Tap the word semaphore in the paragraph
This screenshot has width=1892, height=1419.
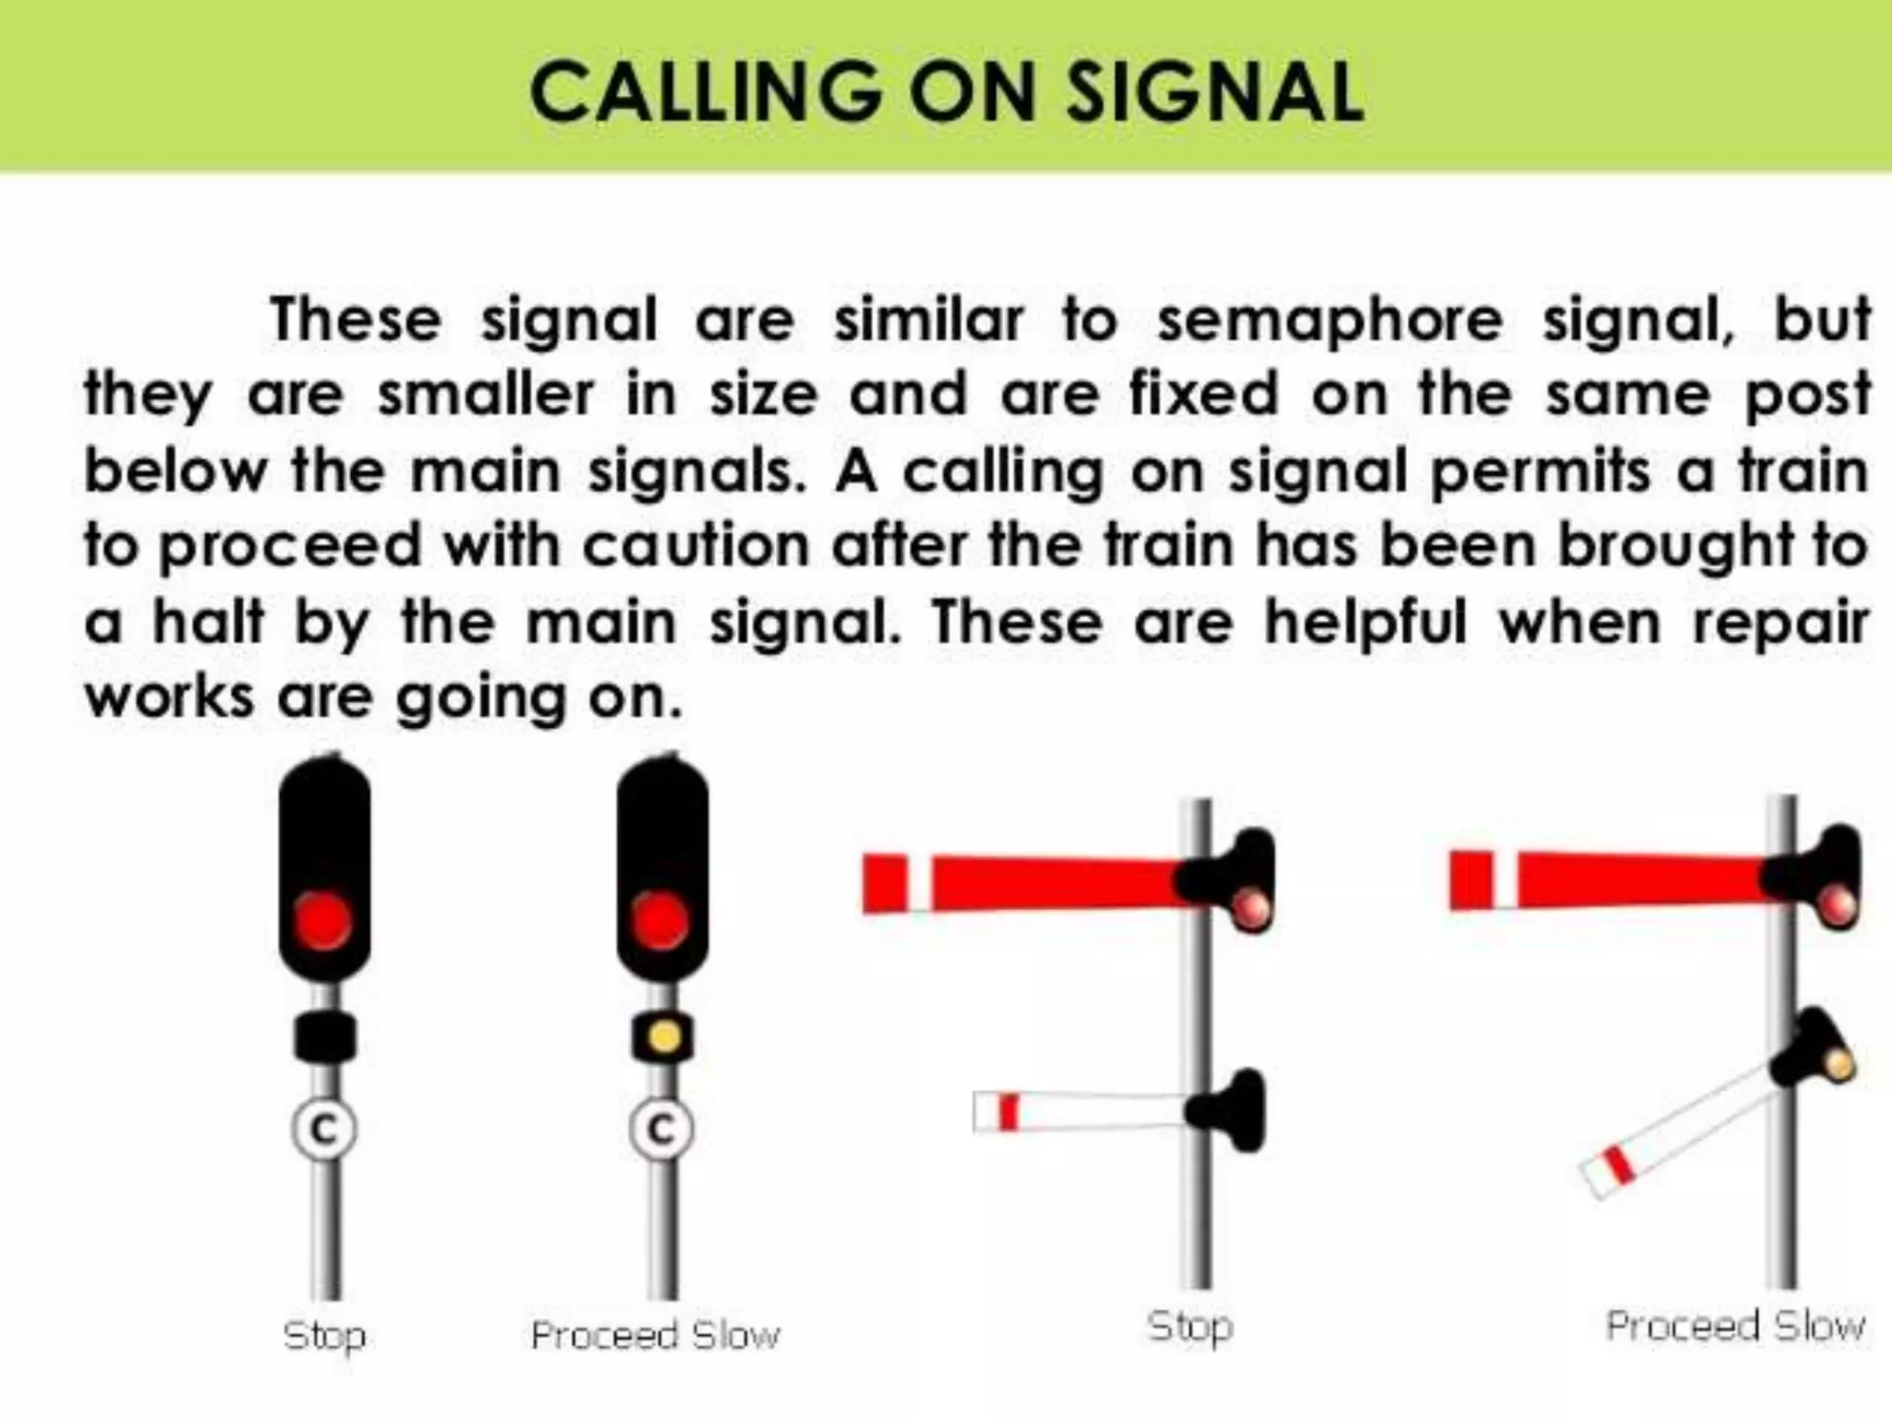pos(1330,321)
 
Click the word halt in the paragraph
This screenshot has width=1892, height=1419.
pos(208,622)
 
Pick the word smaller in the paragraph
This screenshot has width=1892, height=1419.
pos(485,395)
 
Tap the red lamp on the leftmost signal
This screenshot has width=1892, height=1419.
pos(323,921)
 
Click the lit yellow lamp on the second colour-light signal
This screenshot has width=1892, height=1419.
pos(663,1036)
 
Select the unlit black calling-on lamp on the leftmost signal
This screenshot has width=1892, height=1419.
pos(325,1037)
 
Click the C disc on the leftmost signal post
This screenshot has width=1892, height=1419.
pos(323,1128)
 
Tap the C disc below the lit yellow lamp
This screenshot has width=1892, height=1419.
pos(661,1128)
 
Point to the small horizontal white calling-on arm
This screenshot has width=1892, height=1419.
pos(1081,1111)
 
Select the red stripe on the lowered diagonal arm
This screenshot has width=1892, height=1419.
pos(1619,1164)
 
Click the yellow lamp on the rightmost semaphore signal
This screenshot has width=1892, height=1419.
pos(1838,1064)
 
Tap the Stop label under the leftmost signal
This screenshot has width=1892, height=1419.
pos(324,1336)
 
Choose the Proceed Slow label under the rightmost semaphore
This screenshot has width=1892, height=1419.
pos(1735,1327)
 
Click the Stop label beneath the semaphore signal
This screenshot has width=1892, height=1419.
pos(1189,1327)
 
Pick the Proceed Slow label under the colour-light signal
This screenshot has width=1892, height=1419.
pos(655,1336)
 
